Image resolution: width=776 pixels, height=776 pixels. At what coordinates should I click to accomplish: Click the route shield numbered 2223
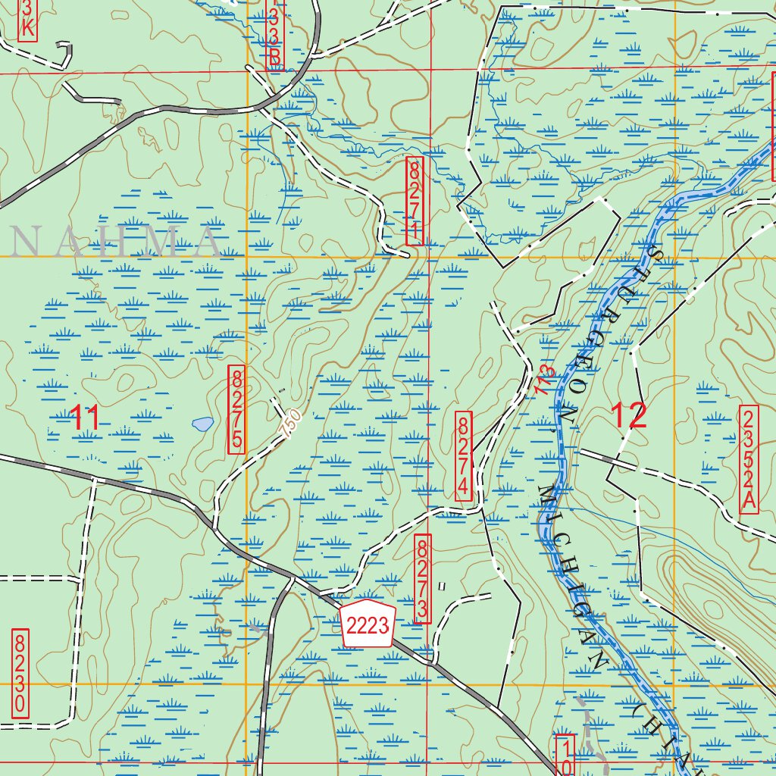368,625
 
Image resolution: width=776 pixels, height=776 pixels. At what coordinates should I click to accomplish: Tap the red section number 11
85,418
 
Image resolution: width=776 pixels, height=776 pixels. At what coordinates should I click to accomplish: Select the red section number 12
628,415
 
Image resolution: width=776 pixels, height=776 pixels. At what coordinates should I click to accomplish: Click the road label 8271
415,201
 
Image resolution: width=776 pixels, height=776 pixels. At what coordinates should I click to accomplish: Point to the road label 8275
237,409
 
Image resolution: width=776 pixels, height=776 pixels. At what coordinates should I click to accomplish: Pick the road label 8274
465,455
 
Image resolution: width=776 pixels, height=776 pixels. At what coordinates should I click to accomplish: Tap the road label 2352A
749,459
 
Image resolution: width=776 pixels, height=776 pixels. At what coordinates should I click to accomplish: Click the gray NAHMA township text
114,242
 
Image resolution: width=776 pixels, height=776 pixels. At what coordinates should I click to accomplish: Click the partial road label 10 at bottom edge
565,755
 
